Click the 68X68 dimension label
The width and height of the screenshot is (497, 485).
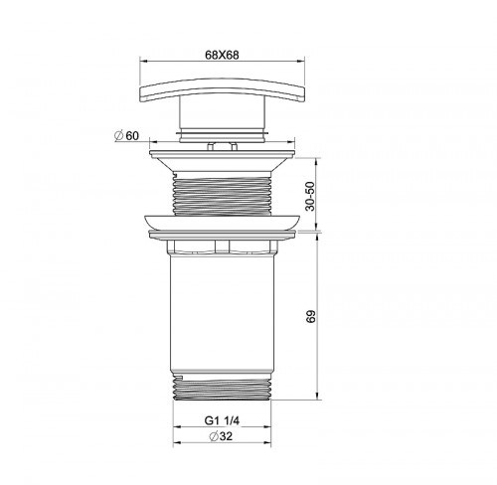click(222, 55)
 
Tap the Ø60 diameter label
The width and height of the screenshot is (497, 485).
click(126, 135)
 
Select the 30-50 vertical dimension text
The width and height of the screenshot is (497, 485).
click(310, 196)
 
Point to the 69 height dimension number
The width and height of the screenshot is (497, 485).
click(311, 316)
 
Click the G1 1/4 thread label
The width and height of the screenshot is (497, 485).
click(222, 420)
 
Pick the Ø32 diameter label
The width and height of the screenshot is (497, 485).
click(221, 436)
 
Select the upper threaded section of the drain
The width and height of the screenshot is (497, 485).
click(222, 194)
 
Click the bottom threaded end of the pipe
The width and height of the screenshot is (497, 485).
click(222, 387)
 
